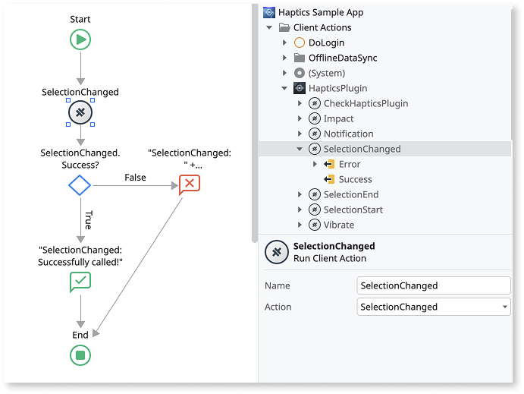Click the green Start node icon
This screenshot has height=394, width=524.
(x=80, y=39)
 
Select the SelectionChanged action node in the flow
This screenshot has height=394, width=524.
(x=80, y=113)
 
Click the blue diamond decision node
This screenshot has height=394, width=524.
(x=80, y=184)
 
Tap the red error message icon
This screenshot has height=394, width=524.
(x=190, y=184)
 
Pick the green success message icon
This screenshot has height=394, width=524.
(x=80, y=282)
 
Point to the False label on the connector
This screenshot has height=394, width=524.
(x=136, y=178)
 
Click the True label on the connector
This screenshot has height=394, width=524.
(x=88, y=220)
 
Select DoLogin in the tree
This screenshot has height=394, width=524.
(x=326, y=43)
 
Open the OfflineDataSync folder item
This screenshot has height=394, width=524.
(x=342, y=58)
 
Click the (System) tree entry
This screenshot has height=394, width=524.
(x=326, y=73)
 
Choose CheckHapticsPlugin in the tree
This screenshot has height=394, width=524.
(x=366, y=103)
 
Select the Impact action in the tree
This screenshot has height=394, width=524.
(x=338, y=118)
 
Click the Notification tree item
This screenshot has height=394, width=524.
(x=348, y=134)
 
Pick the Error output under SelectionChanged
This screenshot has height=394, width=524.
(x=350, y=164)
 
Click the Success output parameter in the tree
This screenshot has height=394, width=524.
(x=355, y=179)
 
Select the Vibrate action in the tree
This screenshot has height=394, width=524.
(x=338, y=225)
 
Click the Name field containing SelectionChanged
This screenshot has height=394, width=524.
(x=433, y=285)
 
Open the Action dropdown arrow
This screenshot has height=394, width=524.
(x=505, y=307)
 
